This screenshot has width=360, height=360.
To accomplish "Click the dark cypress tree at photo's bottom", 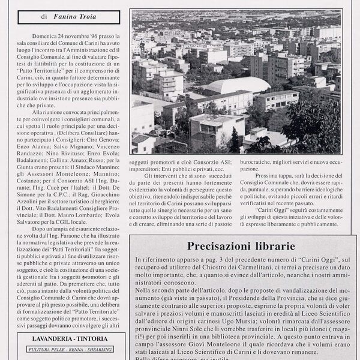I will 236,142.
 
